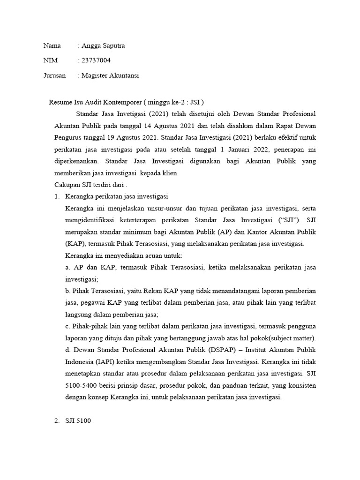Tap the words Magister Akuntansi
coord(110,75)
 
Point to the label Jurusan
coord(54,75)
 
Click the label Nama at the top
coord(52,46)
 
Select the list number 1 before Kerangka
coord(57,196)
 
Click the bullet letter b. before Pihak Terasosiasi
coord(68,291)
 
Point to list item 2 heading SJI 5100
coord(78,421)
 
